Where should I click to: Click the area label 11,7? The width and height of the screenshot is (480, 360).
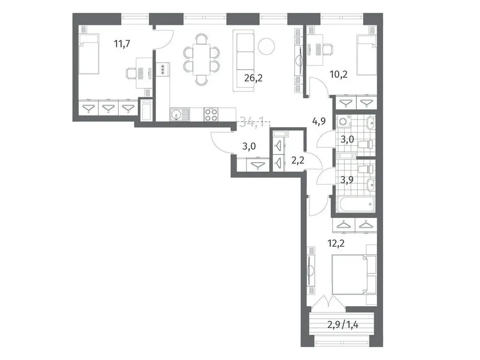(x=122, y=45)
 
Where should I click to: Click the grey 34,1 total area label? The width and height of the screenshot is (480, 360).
(x=251, y=123)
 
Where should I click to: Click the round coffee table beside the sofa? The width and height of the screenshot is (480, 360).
(x=266, y=46)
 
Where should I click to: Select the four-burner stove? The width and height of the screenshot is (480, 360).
(x=211, y=114)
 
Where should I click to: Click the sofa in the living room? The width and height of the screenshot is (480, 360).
(x=245, y=60)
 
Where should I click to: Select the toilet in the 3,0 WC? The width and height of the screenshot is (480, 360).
(x=366, y=144)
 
